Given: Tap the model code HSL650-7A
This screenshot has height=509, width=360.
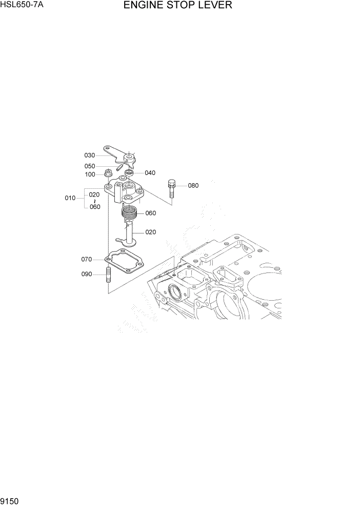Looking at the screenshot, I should click(22, 6).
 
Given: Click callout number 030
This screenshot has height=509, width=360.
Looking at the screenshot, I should click(90, 155).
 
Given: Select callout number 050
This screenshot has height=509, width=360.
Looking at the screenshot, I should click(90, 166).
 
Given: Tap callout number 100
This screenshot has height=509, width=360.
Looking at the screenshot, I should click(90, 174).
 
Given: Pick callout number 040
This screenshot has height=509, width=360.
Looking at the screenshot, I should click(150, 173).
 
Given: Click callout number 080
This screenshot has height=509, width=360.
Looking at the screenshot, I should click(193, 185).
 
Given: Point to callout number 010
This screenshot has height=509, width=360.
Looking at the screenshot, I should click(70, 198).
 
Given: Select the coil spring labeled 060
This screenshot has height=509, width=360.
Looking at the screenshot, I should click(129, 210).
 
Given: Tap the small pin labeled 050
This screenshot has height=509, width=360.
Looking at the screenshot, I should click(119, 166).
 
